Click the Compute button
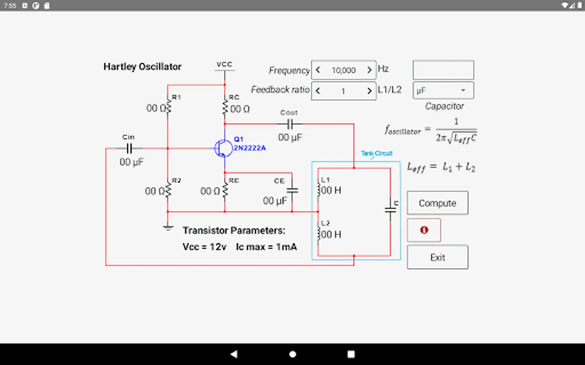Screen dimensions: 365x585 point(438,203)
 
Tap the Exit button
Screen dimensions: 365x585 point(438,257)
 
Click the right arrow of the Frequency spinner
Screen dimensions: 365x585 point(369,70)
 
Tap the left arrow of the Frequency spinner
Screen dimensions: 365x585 point(318,70)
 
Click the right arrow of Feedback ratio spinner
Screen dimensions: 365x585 point(369,91)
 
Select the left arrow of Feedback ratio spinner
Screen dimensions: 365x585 point(318,91)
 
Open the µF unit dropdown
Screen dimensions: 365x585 point(443,90)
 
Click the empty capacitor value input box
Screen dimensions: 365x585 point(443,70)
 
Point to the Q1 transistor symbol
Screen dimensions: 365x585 point(223,148)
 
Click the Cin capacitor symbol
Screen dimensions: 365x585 point(129,148)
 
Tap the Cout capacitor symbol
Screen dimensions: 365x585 point(290,124)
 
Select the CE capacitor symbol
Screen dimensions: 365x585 point(292,190)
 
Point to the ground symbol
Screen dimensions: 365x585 point(168,228)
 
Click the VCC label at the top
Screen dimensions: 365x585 point(224,64)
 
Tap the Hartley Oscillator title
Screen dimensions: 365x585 point(142,67)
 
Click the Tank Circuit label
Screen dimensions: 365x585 point(377,153)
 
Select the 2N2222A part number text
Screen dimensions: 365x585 point(249,148)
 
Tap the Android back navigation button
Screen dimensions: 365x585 point(234,354)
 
